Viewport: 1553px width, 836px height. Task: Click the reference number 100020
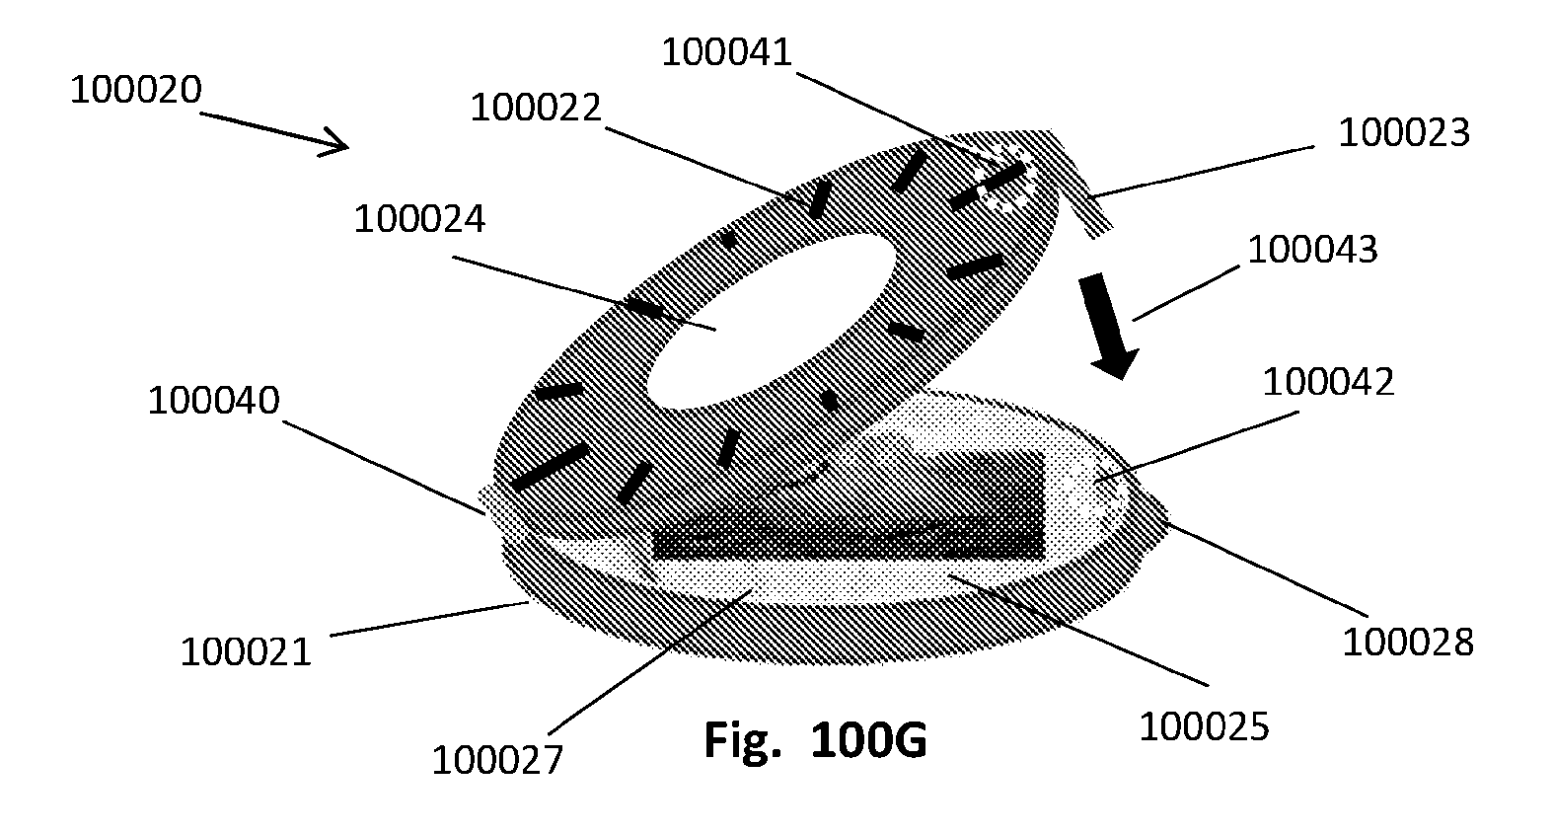coord(136,90)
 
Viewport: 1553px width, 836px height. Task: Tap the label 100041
coord(726,52)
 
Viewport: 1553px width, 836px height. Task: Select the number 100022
coord(535,109)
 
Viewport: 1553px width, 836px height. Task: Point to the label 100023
coord(1403,132)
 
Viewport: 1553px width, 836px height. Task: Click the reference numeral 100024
coord(419,219)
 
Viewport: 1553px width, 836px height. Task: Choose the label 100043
coord(1312,250)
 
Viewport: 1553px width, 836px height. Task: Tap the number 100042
coord(1328,382)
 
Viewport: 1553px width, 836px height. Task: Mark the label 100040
coord(213,401)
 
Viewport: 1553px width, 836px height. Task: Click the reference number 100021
coord(246,652)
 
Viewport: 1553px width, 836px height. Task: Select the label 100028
coord(1407,643)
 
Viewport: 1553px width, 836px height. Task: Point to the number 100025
coord(1205,727)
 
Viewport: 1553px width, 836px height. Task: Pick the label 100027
coord(497,760)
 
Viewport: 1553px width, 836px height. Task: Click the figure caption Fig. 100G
coord(815,740)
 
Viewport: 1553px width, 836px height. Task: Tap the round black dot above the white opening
coord(729,240)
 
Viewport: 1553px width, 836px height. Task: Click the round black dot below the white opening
coord(829,401)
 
